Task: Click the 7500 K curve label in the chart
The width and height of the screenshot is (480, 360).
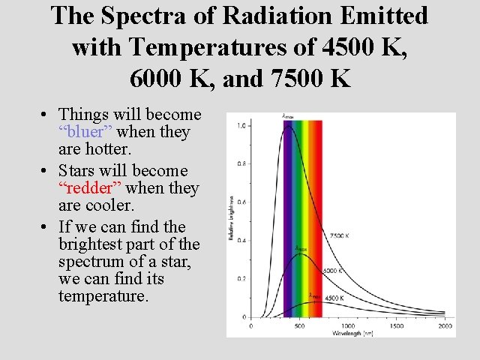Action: (340, 235)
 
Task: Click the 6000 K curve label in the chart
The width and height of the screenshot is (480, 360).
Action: (334, 270)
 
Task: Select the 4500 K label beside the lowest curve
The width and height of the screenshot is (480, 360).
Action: (334, 298)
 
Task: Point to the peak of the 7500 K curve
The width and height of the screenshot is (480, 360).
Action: (288, 126)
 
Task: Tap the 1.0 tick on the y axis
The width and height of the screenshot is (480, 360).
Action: (241, 126)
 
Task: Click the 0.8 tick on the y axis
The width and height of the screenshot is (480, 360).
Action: (241, 163)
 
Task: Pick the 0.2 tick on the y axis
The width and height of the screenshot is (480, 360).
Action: (241, 278)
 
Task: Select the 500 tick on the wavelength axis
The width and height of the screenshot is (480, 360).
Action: (299, 326)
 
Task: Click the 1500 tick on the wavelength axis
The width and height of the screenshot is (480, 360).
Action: (397, 326)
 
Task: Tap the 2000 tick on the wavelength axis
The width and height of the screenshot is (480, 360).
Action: (445, 326)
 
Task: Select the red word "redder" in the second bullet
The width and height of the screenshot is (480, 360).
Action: (88, 188)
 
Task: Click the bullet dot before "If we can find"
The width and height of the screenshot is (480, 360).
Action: (46, 227)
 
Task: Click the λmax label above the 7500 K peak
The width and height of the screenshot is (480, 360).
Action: (287, 116)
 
